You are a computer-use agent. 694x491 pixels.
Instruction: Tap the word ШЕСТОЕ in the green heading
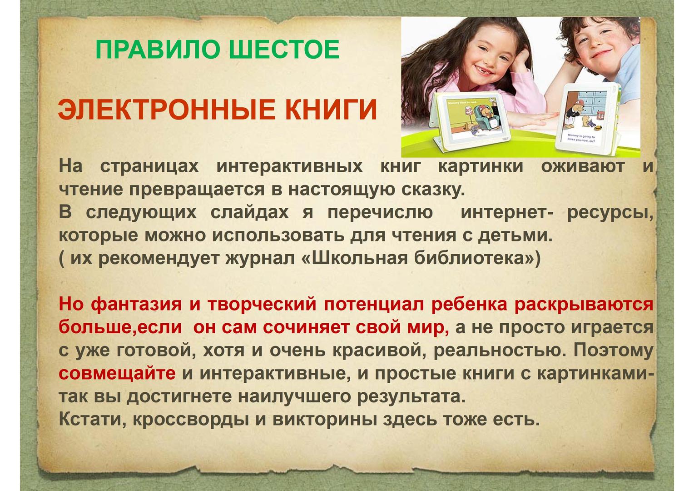tap(284, 49)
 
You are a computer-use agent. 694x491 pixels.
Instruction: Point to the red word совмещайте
tap(117, 373)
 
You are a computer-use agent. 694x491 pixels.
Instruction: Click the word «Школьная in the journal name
tap(354, 258)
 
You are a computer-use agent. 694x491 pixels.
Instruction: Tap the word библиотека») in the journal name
tap(477, 258)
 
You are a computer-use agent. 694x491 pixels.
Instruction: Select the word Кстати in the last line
tap(93, 420)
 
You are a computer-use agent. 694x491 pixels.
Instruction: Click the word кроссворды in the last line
tap(191, 420)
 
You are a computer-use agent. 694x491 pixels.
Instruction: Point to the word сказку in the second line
tap(433, 190)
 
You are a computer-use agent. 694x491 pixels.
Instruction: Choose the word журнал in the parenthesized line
tap(260, 259)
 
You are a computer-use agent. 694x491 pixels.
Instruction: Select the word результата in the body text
tap(411, 397)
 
